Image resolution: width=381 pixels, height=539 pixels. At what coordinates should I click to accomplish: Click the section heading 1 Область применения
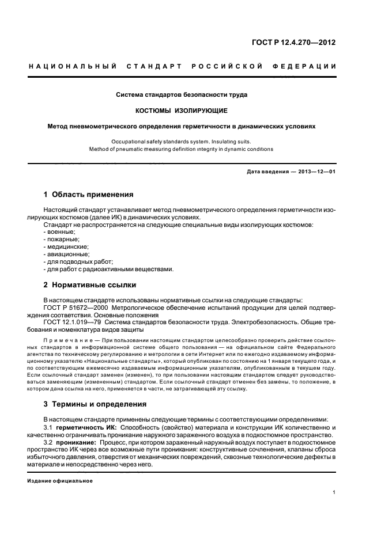click(88, 194)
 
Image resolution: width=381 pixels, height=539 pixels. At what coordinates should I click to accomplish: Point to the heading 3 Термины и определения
click(96, 403)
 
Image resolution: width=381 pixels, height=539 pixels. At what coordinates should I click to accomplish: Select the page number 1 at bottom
click(334, 492)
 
